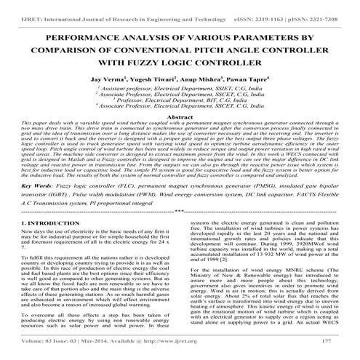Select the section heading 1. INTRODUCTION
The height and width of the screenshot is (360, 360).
[x=47, y=223]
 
